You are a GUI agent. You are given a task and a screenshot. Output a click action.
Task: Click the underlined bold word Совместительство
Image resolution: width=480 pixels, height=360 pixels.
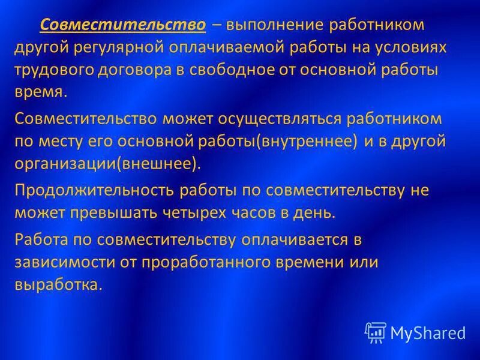[x=123, y=26]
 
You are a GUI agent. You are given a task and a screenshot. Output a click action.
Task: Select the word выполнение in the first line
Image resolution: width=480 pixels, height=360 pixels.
[x=270, y=26]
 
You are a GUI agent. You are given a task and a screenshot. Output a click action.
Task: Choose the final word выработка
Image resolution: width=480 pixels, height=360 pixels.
[x=58, y=285]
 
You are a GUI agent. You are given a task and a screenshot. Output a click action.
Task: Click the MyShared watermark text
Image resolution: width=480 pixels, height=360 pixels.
[x=427, y=332]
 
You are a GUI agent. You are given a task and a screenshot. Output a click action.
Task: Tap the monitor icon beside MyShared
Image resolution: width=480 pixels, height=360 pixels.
[x=375, y=332]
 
